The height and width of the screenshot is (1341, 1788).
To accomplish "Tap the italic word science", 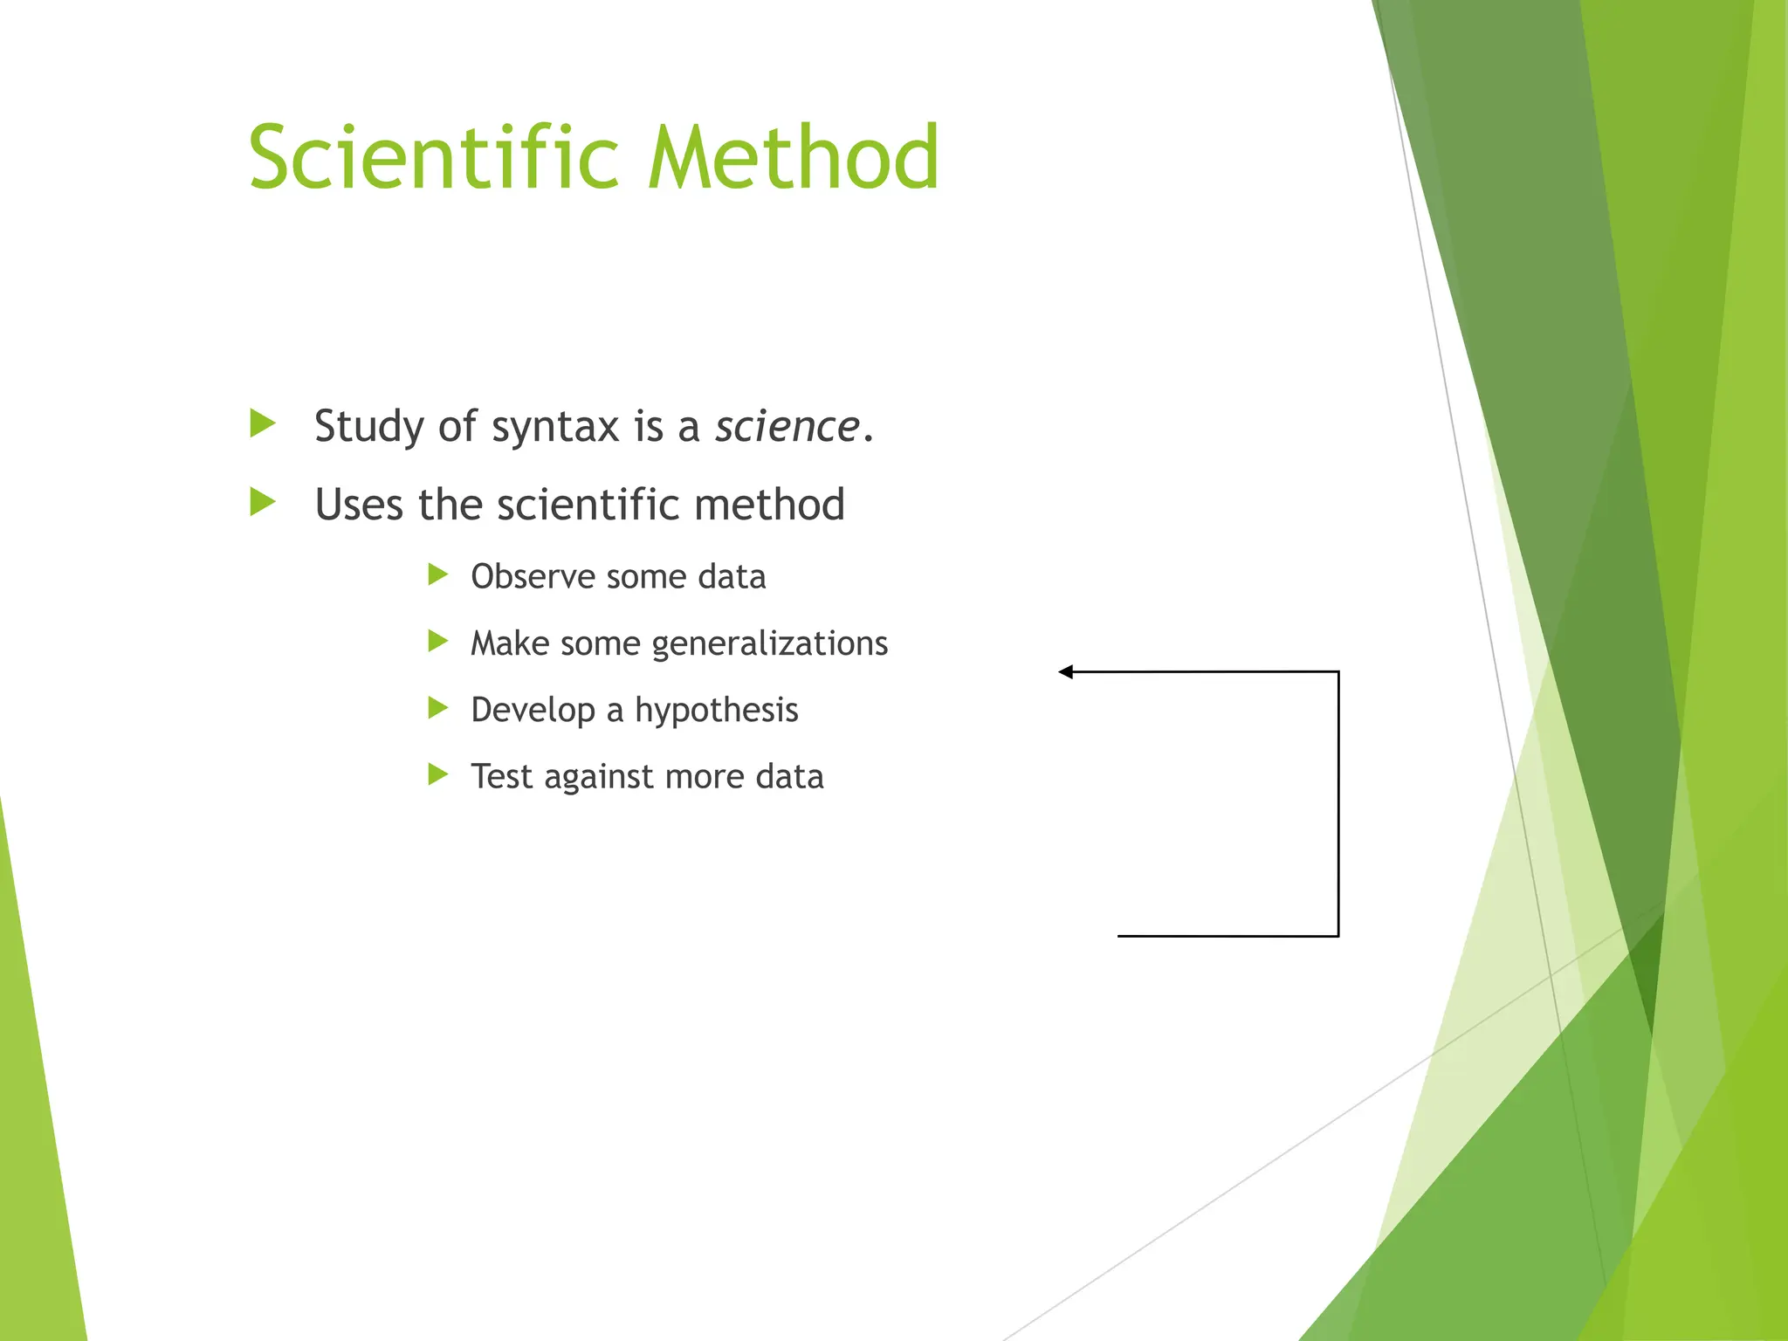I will click(x=787, y=427).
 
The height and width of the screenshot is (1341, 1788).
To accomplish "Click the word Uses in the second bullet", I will click(x=358, y=505).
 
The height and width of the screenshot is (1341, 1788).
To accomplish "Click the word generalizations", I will click(x=769, y=644).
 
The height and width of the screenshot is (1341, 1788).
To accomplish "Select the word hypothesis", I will click(x=716, y=711).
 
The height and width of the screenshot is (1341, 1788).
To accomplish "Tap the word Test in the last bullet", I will click(x=501, y=777).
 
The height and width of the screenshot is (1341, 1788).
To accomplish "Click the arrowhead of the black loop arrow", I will click(x=1065, y=671).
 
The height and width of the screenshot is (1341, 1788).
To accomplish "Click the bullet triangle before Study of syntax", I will click(x=262, y=423).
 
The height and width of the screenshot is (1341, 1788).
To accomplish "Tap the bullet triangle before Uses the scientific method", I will click(x=262, y=502).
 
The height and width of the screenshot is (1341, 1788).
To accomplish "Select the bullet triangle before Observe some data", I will click(x=437, y=574).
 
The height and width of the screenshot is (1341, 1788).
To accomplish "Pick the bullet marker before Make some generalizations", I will click(x=437, y=642).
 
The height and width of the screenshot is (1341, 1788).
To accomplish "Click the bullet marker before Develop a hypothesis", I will click(x=437, y=708).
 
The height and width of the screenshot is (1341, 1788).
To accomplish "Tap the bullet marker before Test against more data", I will click(x=437, y=774).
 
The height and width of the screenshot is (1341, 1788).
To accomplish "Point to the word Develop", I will click(x=533, y=711).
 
